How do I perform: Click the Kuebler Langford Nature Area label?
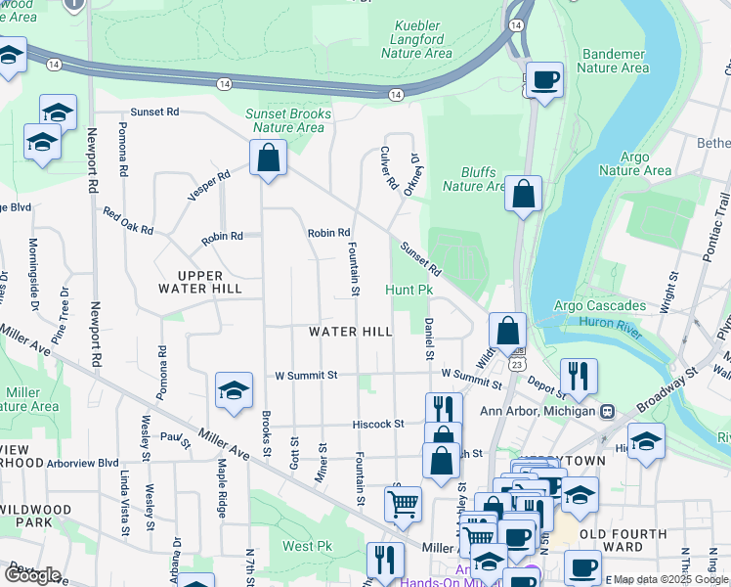[423, 39]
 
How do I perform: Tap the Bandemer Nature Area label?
[613, 61]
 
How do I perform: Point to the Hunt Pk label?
[408, 291]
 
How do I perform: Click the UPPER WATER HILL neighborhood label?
[200, 282]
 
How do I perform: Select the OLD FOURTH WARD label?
[623, 541]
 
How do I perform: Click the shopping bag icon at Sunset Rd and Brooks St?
[268, 158]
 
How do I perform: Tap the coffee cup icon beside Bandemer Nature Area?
[545, 79]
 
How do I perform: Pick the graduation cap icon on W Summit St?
[235, 390]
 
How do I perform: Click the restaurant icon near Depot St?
[579, 376]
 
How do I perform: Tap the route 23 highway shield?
[513, 364]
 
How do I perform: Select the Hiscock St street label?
[379, 424]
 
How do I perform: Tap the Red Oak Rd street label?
[128, 221]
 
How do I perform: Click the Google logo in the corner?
[31, 574]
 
